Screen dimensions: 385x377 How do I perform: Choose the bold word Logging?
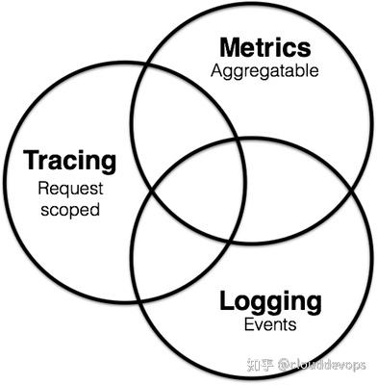pyautogui.click(x=270, y=300)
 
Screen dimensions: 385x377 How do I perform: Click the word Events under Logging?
pyautogui.click(x=270, y=325)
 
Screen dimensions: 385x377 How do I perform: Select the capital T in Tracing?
pyautogui.click(x=30, y=159)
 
